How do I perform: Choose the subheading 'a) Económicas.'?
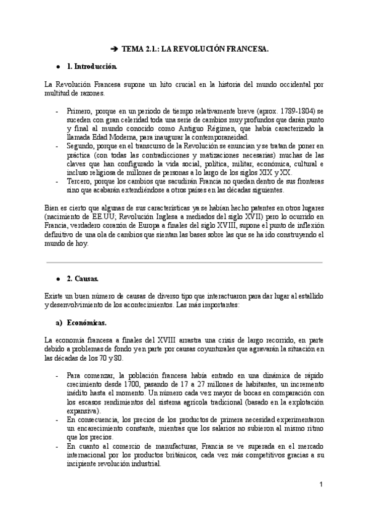click(83, 322)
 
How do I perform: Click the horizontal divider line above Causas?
click(184, 263)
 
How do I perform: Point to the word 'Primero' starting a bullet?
click(79, 111)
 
